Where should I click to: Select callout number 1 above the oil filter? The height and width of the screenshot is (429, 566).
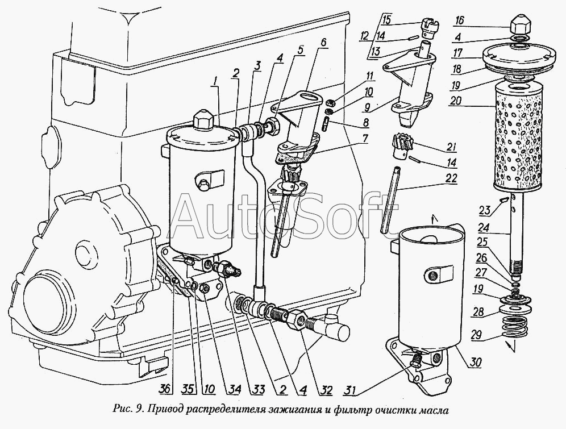[214, 81]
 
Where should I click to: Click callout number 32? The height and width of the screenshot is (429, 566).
[324, 390]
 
